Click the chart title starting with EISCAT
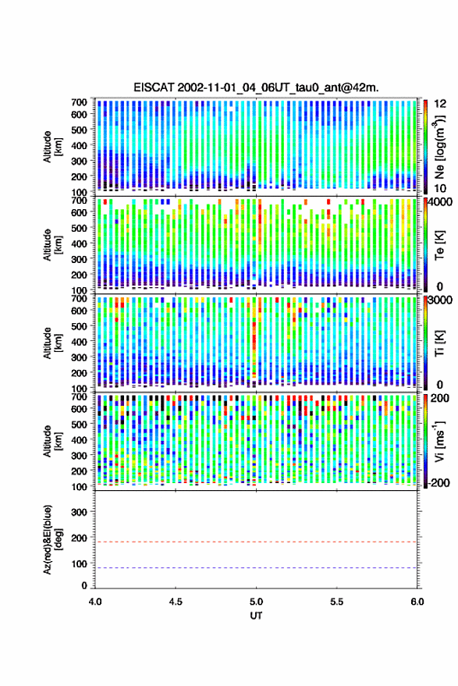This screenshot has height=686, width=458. (256, 87)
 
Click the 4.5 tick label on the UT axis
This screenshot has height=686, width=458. (176, 602)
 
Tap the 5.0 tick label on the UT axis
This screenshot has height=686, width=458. (256, 602)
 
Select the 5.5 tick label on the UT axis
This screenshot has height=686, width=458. (336, 602)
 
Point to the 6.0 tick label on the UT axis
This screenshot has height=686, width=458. (417, 602)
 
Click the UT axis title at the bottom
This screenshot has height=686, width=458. (256, 616)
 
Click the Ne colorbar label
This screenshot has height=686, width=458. (439, 147)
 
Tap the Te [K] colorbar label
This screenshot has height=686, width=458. (439, 245)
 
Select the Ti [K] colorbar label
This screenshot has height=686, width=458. (439, 343)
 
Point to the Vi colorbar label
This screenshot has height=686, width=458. (439, 441)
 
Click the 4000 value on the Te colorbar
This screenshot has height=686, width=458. (440, 201)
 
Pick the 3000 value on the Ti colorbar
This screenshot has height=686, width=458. (440, 300)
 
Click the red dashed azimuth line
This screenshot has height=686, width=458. (256, 542)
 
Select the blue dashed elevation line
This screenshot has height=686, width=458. (256, 568)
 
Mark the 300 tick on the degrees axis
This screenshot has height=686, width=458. (79, 512)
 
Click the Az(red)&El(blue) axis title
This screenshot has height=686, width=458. (52, 539)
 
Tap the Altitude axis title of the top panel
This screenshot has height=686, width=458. (52, 147)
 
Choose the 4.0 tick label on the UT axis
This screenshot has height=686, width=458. (95, 602)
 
